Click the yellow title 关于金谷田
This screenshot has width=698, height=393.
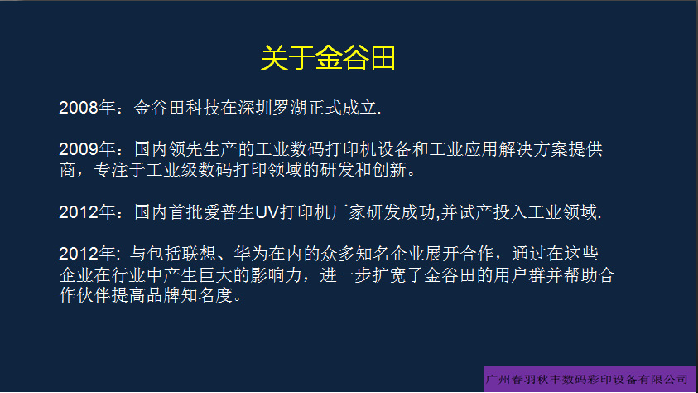pos(328,58)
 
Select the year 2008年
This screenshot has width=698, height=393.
pos(87,108)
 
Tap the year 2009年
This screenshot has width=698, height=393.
pos(87,149)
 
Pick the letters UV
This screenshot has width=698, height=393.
pos(267,212)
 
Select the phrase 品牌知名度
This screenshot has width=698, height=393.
pos(190,295)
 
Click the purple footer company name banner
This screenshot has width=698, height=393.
pos(589,379)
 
